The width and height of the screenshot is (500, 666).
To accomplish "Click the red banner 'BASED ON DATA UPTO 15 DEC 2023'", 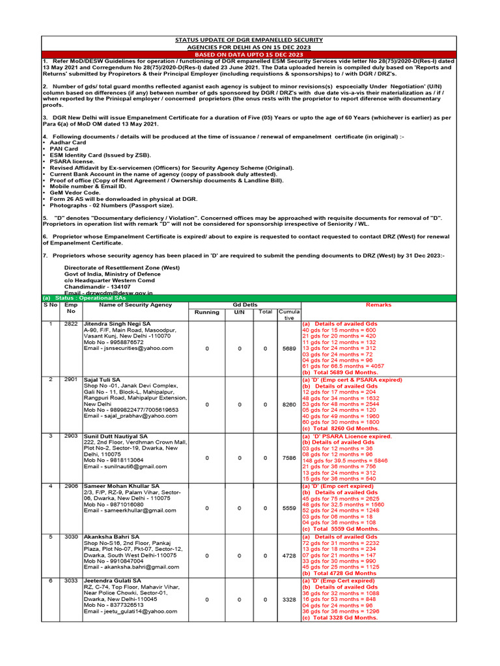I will [250, 55].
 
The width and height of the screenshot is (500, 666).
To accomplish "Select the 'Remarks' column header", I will [379, 304].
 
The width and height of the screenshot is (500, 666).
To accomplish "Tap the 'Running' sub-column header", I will [207, 312].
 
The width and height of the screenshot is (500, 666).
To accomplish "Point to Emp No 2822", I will [71, 323].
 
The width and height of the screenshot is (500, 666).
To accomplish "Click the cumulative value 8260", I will [289, 404].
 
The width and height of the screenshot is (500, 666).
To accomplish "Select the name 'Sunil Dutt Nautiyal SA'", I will [116, 436].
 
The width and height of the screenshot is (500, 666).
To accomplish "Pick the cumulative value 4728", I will [289, 555].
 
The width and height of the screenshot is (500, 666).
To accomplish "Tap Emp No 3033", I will [71, 581].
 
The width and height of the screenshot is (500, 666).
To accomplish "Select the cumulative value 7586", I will [289, 458].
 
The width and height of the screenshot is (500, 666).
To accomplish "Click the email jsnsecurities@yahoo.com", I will [129, 348].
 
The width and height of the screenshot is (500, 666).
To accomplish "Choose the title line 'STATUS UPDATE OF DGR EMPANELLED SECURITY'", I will [250, 40].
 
